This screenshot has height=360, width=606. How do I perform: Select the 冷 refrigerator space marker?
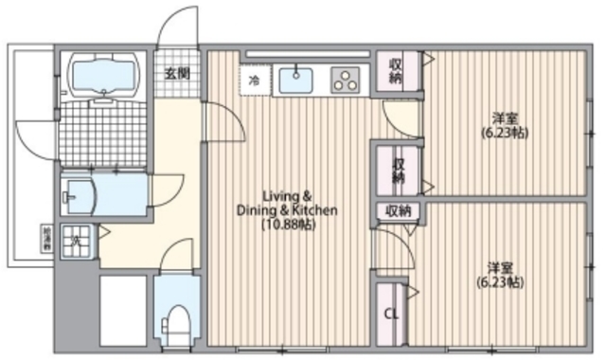tap(254, 81)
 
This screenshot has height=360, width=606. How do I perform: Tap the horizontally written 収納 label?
tap(398, 210)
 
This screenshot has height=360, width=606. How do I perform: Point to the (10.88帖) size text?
tap(288, 225)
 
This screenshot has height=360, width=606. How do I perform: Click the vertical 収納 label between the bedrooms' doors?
tap(399, 169)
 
